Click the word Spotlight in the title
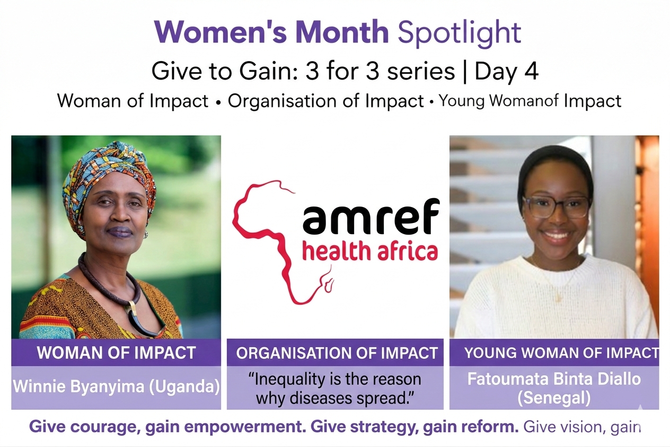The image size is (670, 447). [459, 33]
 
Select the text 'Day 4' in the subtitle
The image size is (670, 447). [506, 72]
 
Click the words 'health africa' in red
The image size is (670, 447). [371, 251]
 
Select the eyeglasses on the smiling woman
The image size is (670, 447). [556, 207]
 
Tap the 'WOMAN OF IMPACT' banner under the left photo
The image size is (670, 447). [116, 353]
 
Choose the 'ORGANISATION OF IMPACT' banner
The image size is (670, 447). [335, 353]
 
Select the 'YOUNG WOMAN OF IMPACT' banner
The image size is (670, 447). [554, 353]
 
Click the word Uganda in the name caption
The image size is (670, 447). [184, 387]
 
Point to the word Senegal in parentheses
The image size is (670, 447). [554, 398]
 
